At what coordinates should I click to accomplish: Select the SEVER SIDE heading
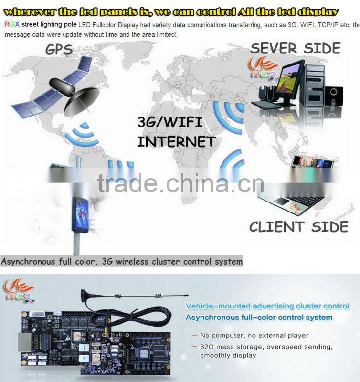click(x=295, y=48)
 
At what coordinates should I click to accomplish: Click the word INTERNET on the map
click(x=176, y=141)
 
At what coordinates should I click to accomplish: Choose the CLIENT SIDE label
click(x=298, y=226)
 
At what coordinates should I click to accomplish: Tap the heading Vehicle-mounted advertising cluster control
click(x=267, y=306)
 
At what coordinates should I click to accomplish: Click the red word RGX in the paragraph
click(x=12, y=24)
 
